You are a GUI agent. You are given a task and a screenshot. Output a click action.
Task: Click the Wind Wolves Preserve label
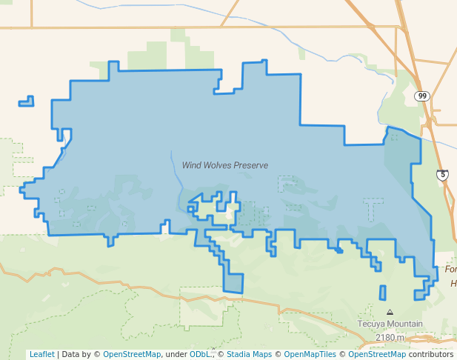click(x=225, y=165)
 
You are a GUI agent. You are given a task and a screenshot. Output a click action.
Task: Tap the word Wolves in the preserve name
click(x=219, y=165)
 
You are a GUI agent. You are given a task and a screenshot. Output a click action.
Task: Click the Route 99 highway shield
click(x=421, y=96)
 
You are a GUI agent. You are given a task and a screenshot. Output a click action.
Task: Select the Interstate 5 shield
click(x=442, y=175)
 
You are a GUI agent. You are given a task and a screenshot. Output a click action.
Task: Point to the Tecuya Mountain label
click(x=390, y=324)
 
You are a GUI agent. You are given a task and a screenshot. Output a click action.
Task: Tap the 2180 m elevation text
click(x=390, y=337)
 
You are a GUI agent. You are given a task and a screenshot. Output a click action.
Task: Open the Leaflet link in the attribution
click(x=41, y=354)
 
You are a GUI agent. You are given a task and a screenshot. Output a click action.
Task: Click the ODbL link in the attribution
click(x=199, y=354)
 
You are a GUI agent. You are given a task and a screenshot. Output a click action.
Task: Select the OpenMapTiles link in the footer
click(x=311, y=354)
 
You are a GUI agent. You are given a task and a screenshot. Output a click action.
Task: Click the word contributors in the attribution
click(x=430, y=354)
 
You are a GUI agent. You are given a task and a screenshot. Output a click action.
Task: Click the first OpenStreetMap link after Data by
click(x=132, y=354)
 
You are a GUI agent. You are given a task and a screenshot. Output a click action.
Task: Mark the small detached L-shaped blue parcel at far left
click(x=27, y=101)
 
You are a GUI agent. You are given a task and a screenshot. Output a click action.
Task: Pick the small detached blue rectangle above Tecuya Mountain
click(x=382, y=292)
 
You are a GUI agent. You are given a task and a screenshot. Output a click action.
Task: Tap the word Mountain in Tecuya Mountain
click(x=404, y=324)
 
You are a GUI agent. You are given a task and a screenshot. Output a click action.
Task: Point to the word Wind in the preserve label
click(x=191, y=165)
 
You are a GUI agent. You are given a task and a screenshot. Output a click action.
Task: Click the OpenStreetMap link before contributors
click(x=377, y=354)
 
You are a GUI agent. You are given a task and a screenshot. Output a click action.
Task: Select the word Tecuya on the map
click(x=371, y=324)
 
